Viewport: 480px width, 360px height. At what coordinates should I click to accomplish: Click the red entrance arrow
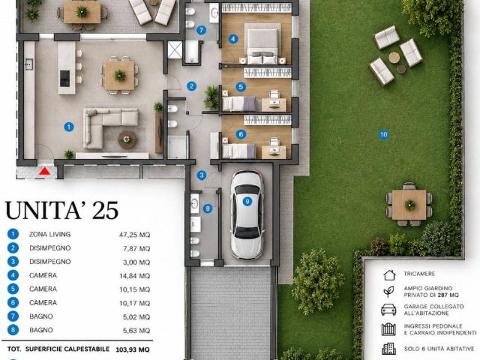coord(45,171)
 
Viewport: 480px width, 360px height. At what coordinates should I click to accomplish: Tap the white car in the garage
coord(247,215)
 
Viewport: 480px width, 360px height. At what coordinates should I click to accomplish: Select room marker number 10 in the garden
coord(383,134)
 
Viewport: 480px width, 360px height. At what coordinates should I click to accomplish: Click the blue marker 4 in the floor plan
coord(233,39)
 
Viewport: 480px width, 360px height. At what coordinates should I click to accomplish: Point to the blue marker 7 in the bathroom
coord(201,30)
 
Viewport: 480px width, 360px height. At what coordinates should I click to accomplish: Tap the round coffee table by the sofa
coord(127,139)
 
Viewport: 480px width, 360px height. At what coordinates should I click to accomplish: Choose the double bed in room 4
coord(262,43)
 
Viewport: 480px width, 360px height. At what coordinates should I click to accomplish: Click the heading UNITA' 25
coord(61,210)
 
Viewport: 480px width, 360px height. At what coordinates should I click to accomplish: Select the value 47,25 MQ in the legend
coord(135,235)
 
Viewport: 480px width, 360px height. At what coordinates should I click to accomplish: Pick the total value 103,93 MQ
coord(133,349)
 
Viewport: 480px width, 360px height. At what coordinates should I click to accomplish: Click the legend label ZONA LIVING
coord(50,234)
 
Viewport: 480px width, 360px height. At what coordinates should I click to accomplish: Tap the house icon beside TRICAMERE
coord(389,274)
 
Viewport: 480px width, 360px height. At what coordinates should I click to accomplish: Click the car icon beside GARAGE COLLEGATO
coord(388,310)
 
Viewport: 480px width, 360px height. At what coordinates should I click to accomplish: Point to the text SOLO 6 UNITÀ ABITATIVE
coord(439,349)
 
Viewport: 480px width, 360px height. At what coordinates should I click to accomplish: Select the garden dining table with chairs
coord(409,205)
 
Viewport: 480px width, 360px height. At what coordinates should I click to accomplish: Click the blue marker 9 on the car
coord(247,201)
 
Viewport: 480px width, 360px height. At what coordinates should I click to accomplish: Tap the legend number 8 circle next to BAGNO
coord(13,330)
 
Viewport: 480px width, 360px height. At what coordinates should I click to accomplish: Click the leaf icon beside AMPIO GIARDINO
coord(388,292)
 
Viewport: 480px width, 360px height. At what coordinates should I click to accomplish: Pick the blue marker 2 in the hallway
coord(192,86)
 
